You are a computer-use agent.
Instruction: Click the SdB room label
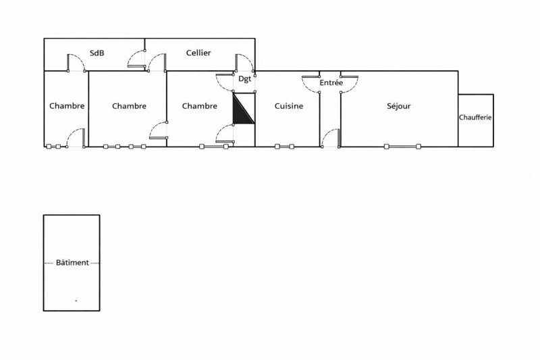tap(97, 53)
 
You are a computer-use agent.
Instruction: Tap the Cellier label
tap(198, 53)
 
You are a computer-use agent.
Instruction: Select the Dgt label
tap(244, 79)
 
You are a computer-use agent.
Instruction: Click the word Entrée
tap(331, 82)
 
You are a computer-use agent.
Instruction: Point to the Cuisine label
tap(289, 106)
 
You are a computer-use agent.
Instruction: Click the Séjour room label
tap(398, 106)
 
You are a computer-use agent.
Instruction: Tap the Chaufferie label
tap(475, 118)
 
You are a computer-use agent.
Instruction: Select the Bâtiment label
tap(72, 263)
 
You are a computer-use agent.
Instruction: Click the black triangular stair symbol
tap(244, 108)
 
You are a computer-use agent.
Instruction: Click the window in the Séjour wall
tap(402, 147)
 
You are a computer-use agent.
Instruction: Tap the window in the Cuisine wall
tap(284, 147)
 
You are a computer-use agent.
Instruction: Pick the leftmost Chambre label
tap(67, 106)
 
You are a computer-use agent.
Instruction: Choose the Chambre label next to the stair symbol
tap(199, 106)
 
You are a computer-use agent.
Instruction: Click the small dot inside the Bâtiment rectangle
tap(76, 301)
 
